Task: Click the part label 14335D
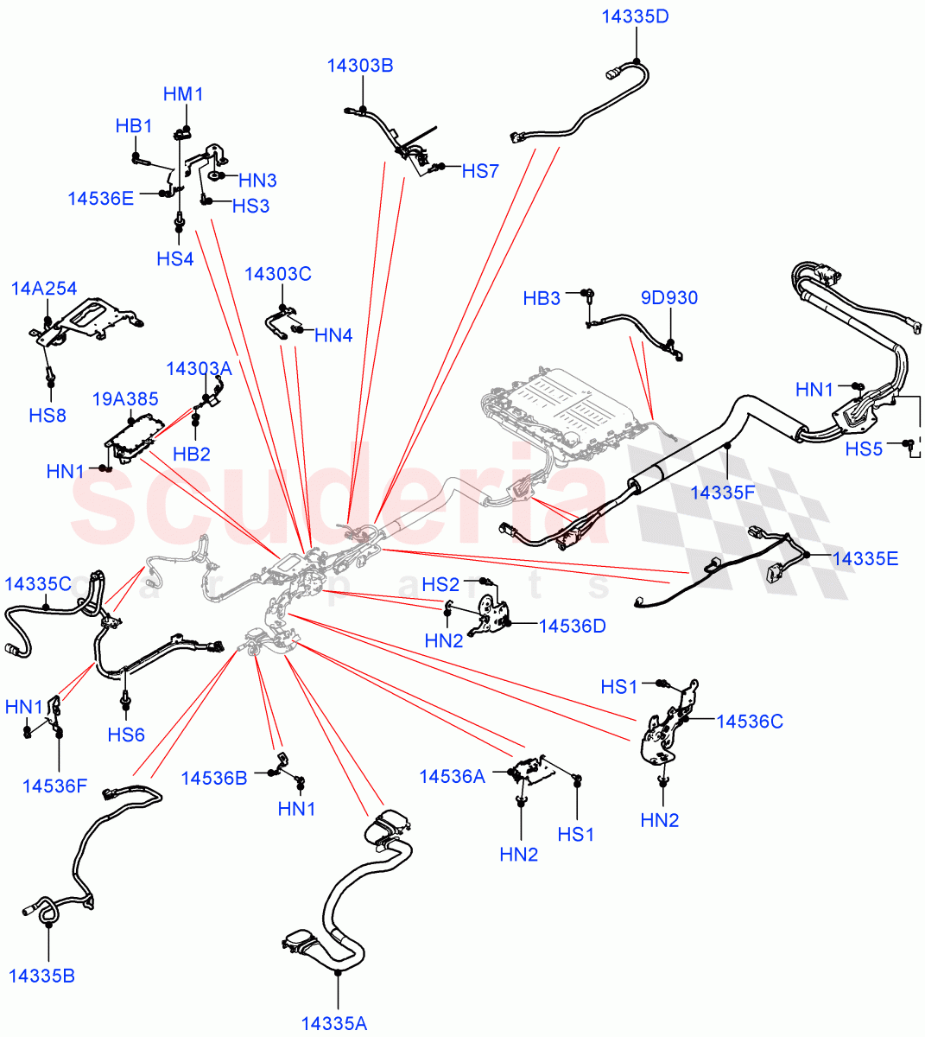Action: click(x=635, y=17)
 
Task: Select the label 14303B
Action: click(x=360, y=66)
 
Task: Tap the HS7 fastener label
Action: click(x=480, y=171)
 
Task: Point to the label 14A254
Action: click(x=44, y=289)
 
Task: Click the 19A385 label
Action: click(x=126, y=399)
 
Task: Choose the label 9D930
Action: click(x=669, y=298)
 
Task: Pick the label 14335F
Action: click(x=723, y=493)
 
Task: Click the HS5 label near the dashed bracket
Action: click(x=864, y=449)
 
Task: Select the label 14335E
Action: click(x=865, y=558)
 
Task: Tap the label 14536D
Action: click(x=573, y=625)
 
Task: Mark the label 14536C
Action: click(x=750, y=721)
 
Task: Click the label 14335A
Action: click(x=334, y=1024)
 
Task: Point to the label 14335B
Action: click(x=42, y=976)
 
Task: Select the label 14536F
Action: click(x=55, y=786)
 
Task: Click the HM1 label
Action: click(x=183, y=94)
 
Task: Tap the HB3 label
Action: click(x=542, y=299)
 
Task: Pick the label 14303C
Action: click(x=278, y=275)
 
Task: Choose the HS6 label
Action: click(x=126, y=735)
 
